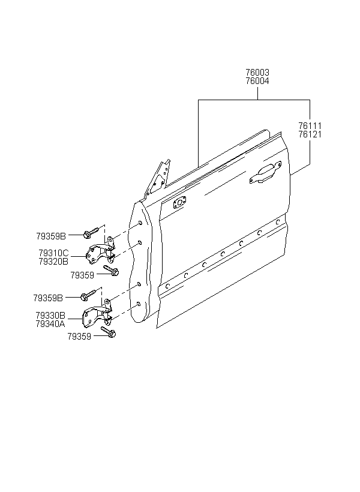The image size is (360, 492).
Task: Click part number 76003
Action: (x=257, y=73)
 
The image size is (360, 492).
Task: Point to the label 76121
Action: (x=310, y=134)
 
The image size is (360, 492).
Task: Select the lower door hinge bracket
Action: (x=97, y=316)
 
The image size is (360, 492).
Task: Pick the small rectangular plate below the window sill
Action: (x=178, y=204)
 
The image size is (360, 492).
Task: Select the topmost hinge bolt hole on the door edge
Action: (x=140, y=224)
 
